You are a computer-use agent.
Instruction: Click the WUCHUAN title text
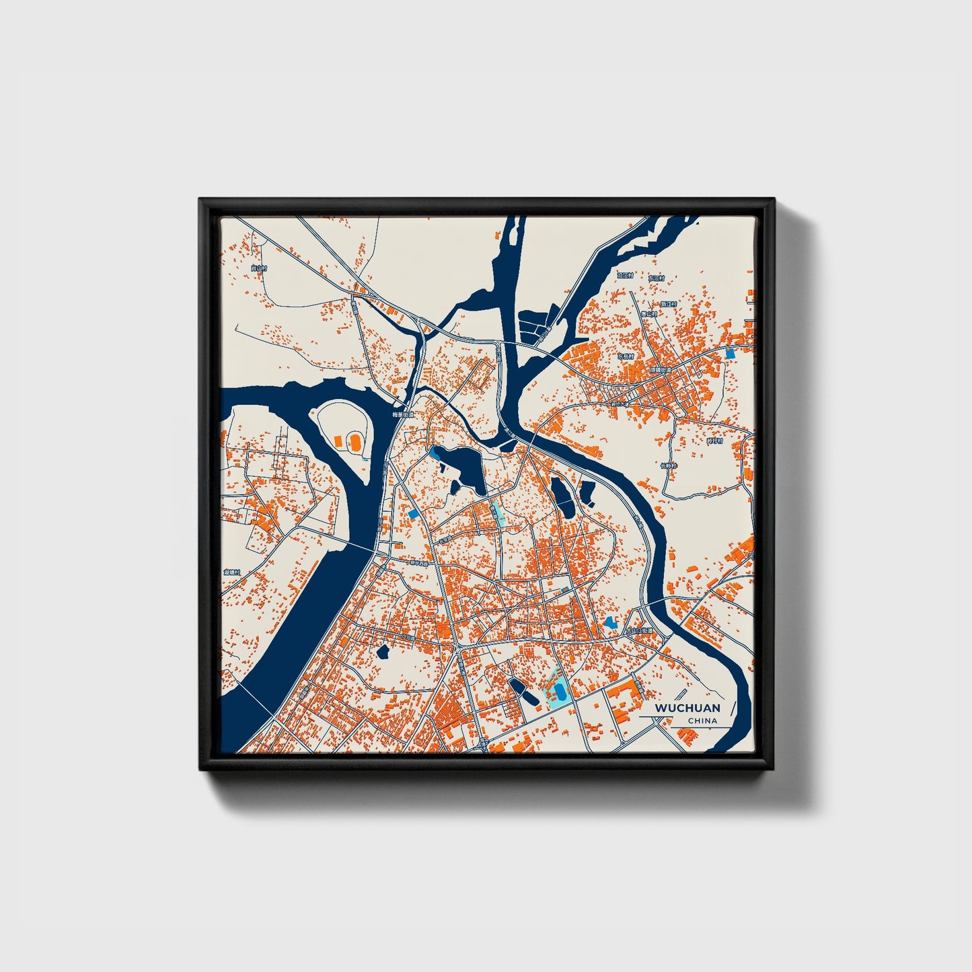pyautogui.click(x=687, y=708)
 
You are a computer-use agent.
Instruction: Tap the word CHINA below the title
pyautogui.click(x=702, y=720)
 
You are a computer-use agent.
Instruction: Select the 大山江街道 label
pyautogui.click(x=640, y=630)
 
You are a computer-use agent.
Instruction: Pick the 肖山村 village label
pyautogui.click(x=258, y=268)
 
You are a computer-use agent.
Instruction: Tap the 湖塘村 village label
pyautogui.click(x=231, y=572)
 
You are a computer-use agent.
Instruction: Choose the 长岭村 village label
pyautogui.click(x=668, y=465)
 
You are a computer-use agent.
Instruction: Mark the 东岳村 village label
pyautogui.click(x=626, y=356)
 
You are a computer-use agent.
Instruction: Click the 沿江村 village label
pyautogui.click(x=626, y=275)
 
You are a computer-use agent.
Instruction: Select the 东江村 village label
pyautogui.click(x=657, y=278)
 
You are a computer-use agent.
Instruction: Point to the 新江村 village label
pyautogui.click(x=669, y=304)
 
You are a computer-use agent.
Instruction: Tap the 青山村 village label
pyautogui.click(x=648, y=314)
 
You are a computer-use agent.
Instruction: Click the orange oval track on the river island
pyautogui.click(x=354, y=442)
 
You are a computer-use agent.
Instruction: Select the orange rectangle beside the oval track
pyautogui.click(x=338, y=440)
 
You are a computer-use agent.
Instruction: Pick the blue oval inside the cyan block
pyautogui.click(x=558, y=691)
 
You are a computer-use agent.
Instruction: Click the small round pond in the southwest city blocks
pyautogui.click(x=383, y=651)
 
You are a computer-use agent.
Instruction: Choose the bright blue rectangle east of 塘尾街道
pyautogui.click(x=731, y=352)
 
